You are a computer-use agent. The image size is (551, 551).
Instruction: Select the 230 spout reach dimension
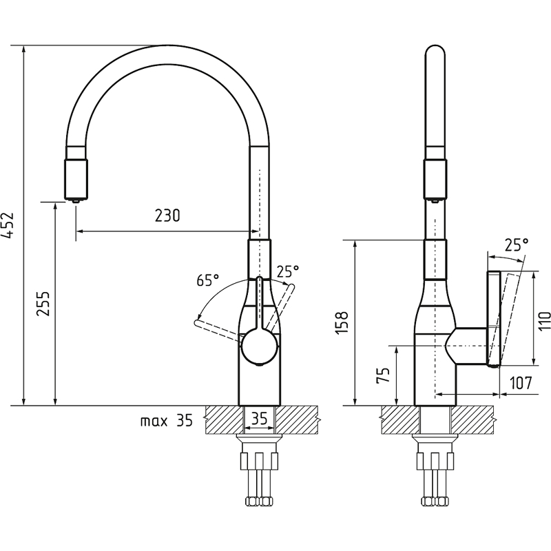(167, 216)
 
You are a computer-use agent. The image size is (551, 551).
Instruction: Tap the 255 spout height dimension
(43, 303)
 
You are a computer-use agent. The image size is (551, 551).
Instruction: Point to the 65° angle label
(208, 280)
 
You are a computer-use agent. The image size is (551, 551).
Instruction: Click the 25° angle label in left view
(288, 271)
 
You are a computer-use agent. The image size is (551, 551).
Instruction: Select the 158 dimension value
(342, 322)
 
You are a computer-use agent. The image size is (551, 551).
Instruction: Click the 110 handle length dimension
(545, 320)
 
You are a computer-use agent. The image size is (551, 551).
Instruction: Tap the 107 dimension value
(521, 383)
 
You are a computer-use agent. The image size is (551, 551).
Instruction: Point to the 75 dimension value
(383, 375)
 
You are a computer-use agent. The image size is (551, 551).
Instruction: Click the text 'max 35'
(167, 420)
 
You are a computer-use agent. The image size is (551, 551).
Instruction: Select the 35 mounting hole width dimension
(260, 418)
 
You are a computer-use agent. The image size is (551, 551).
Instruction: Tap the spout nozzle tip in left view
(76, 200)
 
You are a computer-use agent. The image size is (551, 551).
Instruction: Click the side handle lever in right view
(493, 319)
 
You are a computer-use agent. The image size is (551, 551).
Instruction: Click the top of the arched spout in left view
(167, 54)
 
